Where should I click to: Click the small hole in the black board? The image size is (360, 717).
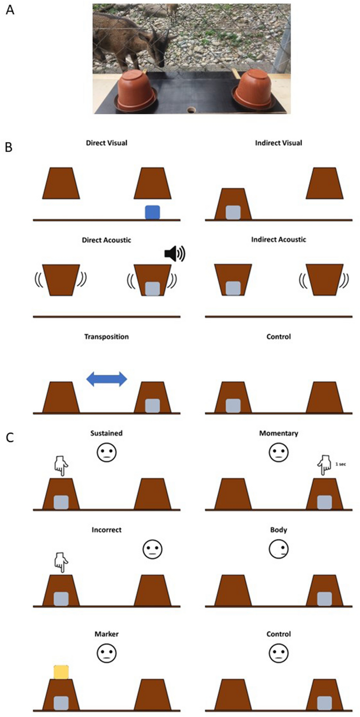pyautogui.click(x=191, y=110)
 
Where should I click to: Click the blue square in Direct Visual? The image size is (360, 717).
pyautogui.click(x=152, y=212)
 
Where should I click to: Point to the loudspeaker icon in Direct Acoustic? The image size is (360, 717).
pyautogui.click(x=174, y=254)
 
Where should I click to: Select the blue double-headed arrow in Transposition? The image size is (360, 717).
pyautogui.click(x=107, y=379)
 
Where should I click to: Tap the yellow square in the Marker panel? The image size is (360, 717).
pyautogui.click(x=61, y=672)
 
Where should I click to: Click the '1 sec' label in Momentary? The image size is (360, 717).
pyautogui.click(x=340, y=464)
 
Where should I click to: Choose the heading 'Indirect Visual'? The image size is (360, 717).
pyautogui.click(x=278, y=143)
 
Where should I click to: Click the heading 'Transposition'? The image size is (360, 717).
pyautogui.click(x=106, y=337)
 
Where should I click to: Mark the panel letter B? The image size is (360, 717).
pyautogui.click(x=9, y=147)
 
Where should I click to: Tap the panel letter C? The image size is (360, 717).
pyautogui.click(x=10, y=437)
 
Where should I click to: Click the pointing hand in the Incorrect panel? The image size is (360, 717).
pyautogui.click(x=61, y=562)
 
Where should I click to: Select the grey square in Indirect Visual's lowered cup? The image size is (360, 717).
pyautogui.click(x=233, y=212)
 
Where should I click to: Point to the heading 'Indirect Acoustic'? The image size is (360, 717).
pyautogui.click(x=278, y=239)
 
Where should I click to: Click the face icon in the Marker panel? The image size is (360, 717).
pyautogui.click(x=107, y=653)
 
